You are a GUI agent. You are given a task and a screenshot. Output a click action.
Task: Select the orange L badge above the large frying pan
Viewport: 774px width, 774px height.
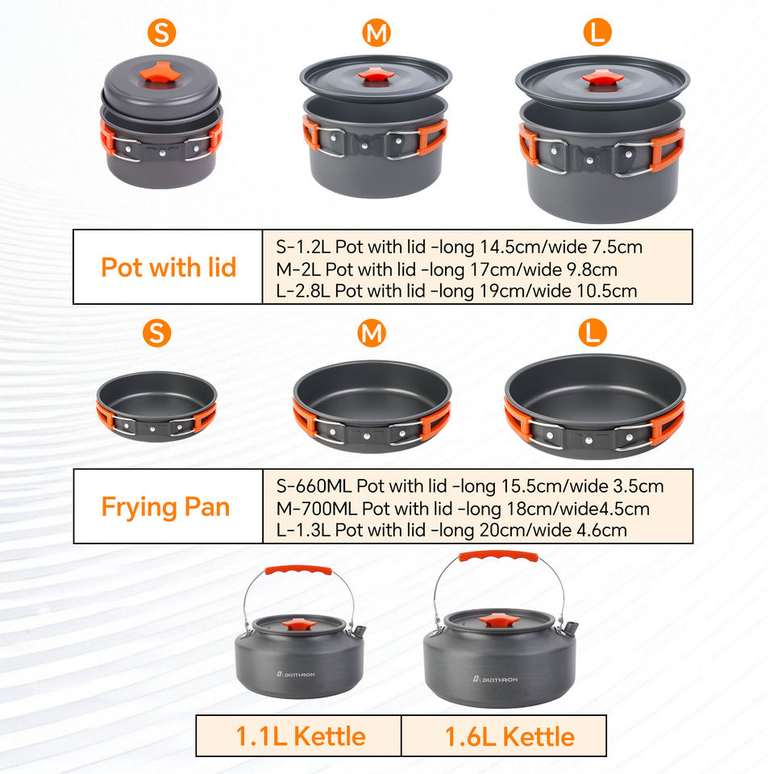(x=593, y=332)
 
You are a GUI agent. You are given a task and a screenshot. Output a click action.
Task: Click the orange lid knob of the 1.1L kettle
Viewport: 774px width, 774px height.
(x=298, y=624)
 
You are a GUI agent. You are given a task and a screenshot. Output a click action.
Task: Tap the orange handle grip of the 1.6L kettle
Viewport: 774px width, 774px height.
(x=498, y=556)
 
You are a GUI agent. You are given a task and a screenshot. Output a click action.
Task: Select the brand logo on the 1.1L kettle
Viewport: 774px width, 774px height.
(x=296, y=674)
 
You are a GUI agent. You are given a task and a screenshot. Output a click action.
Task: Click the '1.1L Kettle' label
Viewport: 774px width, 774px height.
(x=301, y=736)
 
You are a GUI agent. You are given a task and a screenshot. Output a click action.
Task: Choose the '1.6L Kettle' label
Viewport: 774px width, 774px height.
(x=510, y=736)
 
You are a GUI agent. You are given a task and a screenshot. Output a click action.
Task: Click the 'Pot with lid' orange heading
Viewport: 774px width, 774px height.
(x=169, y=267)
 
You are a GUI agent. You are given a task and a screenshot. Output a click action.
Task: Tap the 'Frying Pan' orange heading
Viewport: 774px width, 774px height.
(x=166, y=507)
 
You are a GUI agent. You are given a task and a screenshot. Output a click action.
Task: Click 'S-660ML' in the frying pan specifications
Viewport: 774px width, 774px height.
(x=314, y=486)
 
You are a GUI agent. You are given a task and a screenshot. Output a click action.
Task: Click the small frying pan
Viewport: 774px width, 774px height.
(x=156, y=406)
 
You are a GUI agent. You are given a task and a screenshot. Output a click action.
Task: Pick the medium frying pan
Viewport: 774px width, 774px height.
(x=372, y=406)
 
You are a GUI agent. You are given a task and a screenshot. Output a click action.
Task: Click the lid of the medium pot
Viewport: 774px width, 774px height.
(x=376, y=78)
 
